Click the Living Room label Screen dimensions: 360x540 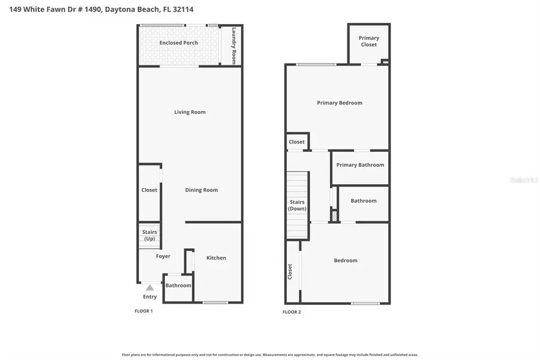point(190,112)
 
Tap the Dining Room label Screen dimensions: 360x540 point(201,190)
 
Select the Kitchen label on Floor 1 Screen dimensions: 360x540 point(216,258)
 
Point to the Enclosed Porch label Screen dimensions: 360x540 point(179,43)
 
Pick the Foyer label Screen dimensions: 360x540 point(163,256)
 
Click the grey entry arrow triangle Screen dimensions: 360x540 point(149,288)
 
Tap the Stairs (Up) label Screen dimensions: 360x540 point(149,235)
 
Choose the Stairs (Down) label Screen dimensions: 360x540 point(297,205)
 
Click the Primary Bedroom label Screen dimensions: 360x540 point(340,103)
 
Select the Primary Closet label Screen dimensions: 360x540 point(369,41)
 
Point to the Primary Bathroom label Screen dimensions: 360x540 point(360,165)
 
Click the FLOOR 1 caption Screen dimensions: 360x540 point(143,311)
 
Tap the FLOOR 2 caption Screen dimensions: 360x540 point(292,312)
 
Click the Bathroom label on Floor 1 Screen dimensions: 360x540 point(178,286)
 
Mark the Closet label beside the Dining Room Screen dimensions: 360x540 point(149,190)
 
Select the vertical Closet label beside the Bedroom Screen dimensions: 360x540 point(290,272)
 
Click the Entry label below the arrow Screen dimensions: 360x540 point(150,297)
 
